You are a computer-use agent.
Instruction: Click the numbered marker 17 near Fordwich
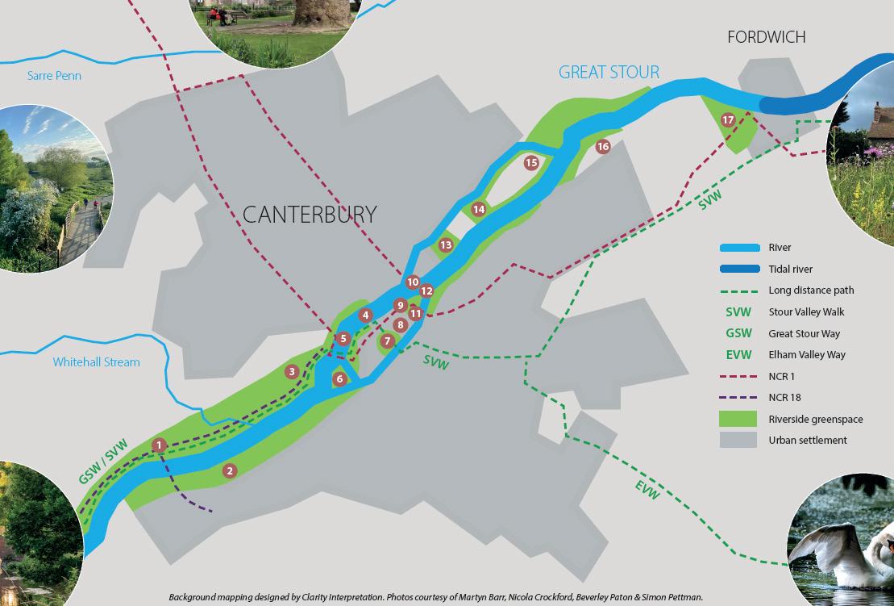tap(728, 120)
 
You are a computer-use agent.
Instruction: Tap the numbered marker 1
tap(160, 445)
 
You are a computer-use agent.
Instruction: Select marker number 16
tap(602, 147)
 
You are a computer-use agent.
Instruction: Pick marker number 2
tap(230, 471)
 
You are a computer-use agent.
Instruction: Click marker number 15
tap(530, 163)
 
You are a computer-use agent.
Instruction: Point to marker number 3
tap(292, 372)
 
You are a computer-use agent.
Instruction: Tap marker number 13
tap(446, 244)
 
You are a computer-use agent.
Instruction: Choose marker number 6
tap(339, 378)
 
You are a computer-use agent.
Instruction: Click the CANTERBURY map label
tap(310, 215)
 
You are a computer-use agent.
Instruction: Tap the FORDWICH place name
tap(766, 37)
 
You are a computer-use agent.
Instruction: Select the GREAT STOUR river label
tap(609, 72)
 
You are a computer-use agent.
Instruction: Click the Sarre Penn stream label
tap(55, 76)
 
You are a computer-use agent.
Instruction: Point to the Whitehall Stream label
tap(96, 362)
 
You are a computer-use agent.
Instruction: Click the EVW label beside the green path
tap(647, 489)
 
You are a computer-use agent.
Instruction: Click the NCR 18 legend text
tap(784, 398)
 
